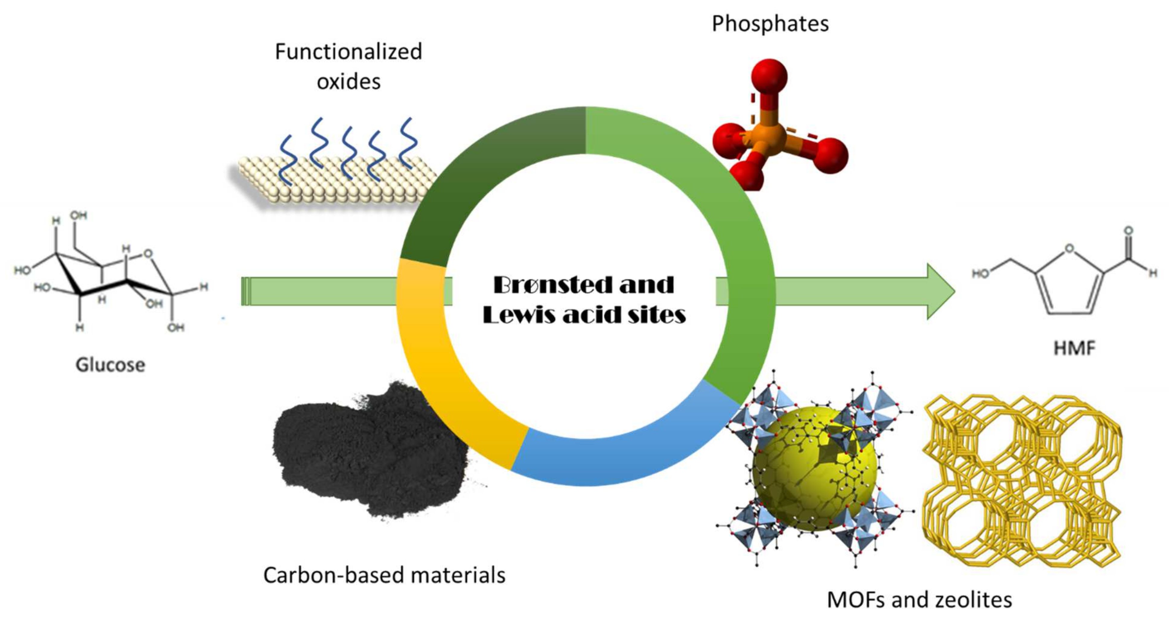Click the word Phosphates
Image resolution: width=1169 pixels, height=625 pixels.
click(x=770, y=24)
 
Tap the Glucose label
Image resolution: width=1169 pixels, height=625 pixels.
click(x=110, y=365)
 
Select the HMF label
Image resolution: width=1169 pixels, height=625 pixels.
click(x=1074, y=348)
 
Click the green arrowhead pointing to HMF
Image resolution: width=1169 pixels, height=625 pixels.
click(x=939, y=291)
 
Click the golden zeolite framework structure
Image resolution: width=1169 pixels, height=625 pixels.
click(x=1021, y=481)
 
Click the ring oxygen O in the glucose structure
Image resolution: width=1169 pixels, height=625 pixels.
click(x=147, y=253)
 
